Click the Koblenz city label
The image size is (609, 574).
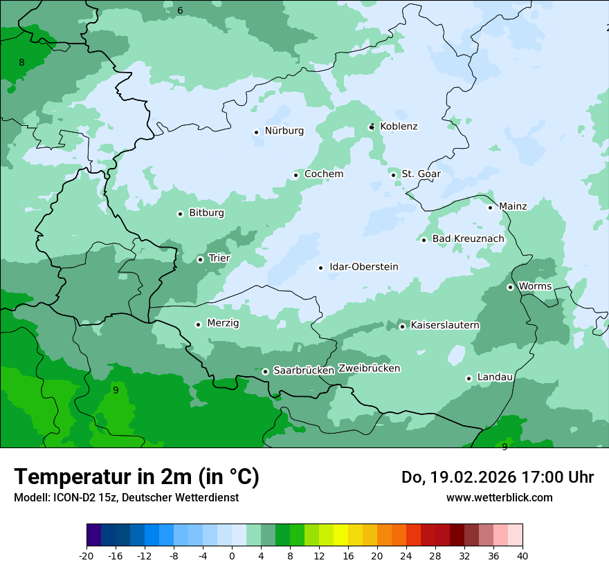pos(399,127)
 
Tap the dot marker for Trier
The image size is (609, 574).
pos(201,259)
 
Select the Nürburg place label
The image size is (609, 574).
pos(284,131)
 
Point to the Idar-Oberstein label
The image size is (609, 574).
pos(363,267)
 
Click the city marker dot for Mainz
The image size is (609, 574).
pos(490,207)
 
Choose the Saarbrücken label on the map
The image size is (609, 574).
pos(303,371)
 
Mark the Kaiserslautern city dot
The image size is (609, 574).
pos(402,326)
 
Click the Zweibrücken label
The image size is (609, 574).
pos(369,369)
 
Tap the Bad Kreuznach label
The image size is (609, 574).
pos(468,239)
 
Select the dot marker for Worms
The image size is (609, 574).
pos(510,287)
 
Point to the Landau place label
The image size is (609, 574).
pos(495,378)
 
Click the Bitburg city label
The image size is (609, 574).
pos(206,213)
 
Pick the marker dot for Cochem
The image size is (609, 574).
pos(296,175)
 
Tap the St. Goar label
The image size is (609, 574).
pos(421,174)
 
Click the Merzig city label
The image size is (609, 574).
pos(223,324)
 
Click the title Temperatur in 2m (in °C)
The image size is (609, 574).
pos(136,477)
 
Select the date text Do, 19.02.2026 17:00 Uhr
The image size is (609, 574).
pos(497,477)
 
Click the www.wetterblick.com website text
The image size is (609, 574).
pos(499,498)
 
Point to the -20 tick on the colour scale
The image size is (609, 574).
pos(87,556)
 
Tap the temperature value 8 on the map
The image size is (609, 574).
pos(21,63)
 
